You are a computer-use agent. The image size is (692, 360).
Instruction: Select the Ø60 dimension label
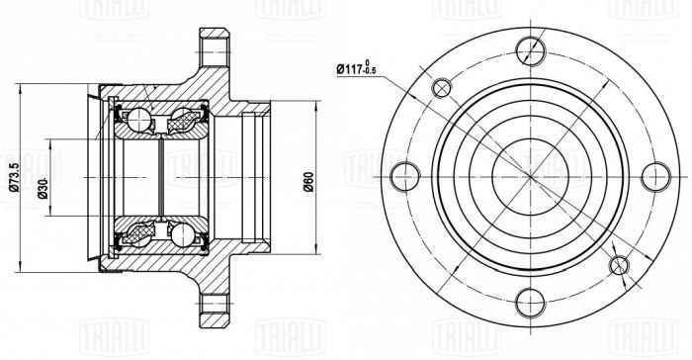pos(309,182)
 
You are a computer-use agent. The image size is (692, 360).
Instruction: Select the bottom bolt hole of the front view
pos(530,304)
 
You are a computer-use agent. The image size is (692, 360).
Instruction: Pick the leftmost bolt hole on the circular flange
pos(403,177)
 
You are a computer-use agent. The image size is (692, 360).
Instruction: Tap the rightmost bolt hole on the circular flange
pos(655,177)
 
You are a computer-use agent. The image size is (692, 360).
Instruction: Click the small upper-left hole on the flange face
pos(440,88)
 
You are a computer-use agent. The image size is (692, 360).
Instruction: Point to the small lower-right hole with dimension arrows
pos(619,265)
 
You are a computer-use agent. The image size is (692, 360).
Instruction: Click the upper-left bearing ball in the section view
pos(138,120)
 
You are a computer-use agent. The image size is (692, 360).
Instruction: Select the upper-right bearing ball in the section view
pos(184,120)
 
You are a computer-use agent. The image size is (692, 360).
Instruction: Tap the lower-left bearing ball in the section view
pos(138,237)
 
